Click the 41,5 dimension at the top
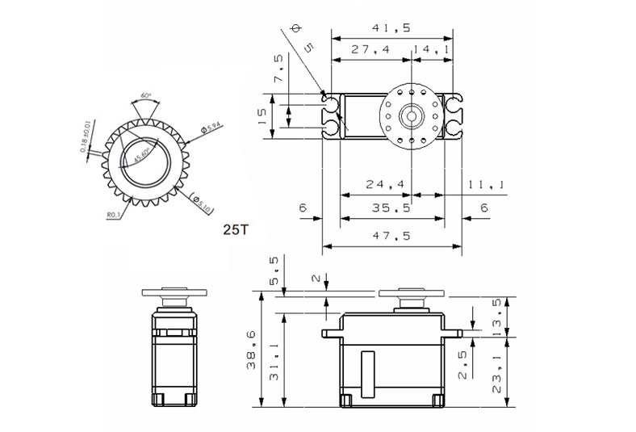click(x=391, y=27)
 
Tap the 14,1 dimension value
click(x=431, y=50)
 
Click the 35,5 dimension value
click(x=391, y=208)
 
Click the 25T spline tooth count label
click(x=236, y=229)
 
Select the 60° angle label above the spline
click(x=145, y=94)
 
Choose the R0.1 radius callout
click(x=113, y=215)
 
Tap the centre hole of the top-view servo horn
click(x=412, y=115)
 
